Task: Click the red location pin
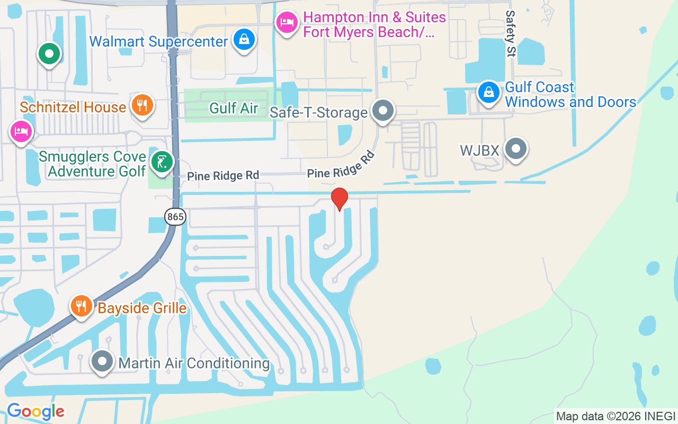click(x=339, y=199)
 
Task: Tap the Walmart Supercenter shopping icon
click(x=244, y=40)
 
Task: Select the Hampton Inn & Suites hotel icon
click(x=287, y=22)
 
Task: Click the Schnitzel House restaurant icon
click(x=141, y=104)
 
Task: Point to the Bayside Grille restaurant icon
click(x=81, y=306)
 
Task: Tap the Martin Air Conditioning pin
click(x=102, y=361)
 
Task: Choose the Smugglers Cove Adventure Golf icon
click(x=161, y=162)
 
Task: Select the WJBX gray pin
click(x=515, y=149)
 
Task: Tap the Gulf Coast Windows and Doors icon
click(x=489, y=93)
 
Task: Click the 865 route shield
click(x=175, y=216)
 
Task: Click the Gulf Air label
click(x=234, y=108)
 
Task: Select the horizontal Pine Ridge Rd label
click(x=223, y=175)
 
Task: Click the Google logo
click(x=35, y=411)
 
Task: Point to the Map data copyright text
click(x=615, y=416)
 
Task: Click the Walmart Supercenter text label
click(x=158, y=41)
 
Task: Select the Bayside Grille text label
click(x=142, y=308)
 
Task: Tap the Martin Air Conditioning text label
click(x=194, y=364)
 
